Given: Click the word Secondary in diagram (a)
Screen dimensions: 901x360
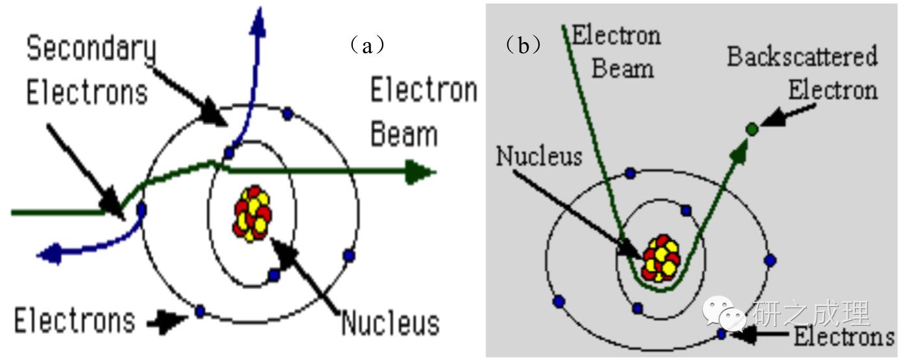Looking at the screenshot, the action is (x=91, y=49).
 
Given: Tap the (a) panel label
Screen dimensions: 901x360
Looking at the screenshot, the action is (x=368, y=46).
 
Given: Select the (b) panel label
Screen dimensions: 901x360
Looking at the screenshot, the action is (x=523, y=46).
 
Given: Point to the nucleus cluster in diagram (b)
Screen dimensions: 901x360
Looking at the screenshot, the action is (x=661, y=258).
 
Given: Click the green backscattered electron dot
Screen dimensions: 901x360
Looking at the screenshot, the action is (x=752, y=129).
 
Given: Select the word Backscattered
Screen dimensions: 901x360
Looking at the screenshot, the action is (x=802, y=57).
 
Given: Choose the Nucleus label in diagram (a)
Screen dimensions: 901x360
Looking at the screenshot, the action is (x=390, y=322).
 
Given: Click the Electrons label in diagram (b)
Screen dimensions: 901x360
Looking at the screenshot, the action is (x=844, y=337).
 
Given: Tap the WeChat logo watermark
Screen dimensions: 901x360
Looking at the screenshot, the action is (x=725, y=315).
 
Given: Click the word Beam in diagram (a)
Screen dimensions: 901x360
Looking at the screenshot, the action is (x=403, y=134).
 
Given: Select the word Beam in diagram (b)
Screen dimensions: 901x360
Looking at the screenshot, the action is (x=622, y=68).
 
